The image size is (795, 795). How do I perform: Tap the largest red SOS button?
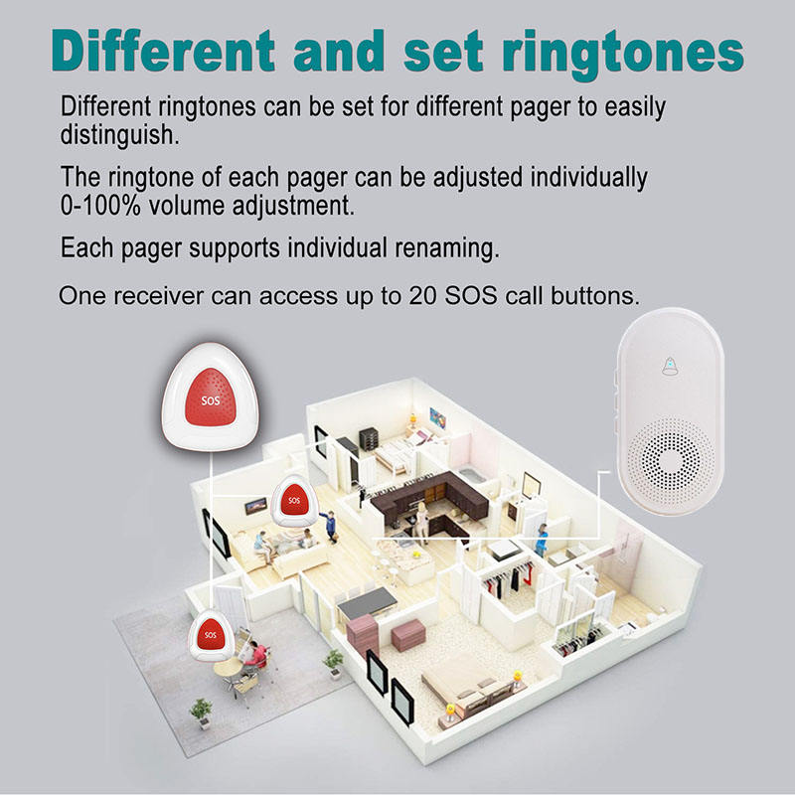coord(210,400)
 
